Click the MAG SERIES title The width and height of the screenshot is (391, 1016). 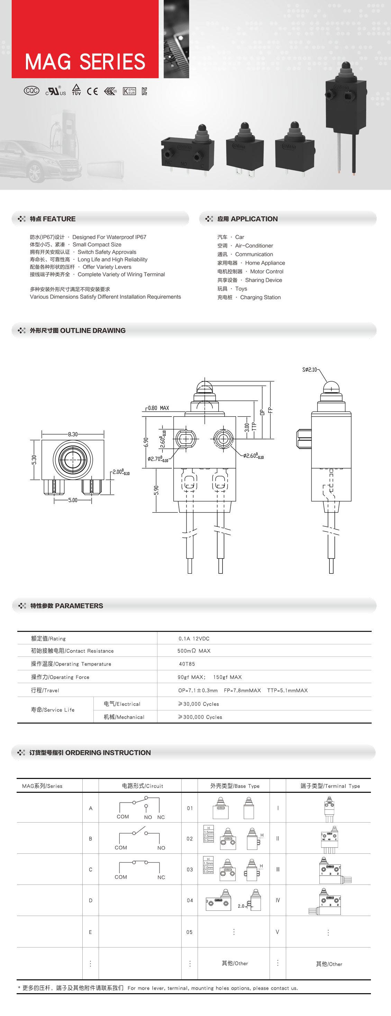point(85,62)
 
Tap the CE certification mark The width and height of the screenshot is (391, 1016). point(92,91)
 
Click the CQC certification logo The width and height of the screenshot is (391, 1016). point(31,91)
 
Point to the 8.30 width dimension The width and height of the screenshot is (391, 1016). point(73,434)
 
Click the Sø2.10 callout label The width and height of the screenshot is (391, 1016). point(310,370)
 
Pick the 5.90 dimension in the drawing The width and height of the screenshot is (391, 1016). point(156,490)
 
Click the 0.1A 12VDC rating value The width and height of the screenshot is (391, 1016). point(194,638)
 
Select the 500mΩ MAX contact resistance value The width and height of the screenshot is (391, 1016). point(194,651)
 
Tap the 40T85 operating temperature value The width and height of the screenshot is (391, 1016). point(187,664)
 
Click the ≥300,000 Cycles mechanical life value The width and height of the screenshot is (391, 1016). point(200,717)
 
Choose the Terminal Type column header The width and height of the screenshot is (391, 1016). point(330,786)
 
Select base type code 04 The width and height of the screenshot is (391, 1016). point(190,900)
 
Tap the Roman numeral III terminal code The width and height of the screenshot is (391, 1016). point(278,869)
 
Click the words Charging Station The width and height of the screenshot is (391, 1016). point(261,297)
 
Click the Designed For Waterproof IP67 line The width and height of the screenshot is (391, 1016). point(109,237)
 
